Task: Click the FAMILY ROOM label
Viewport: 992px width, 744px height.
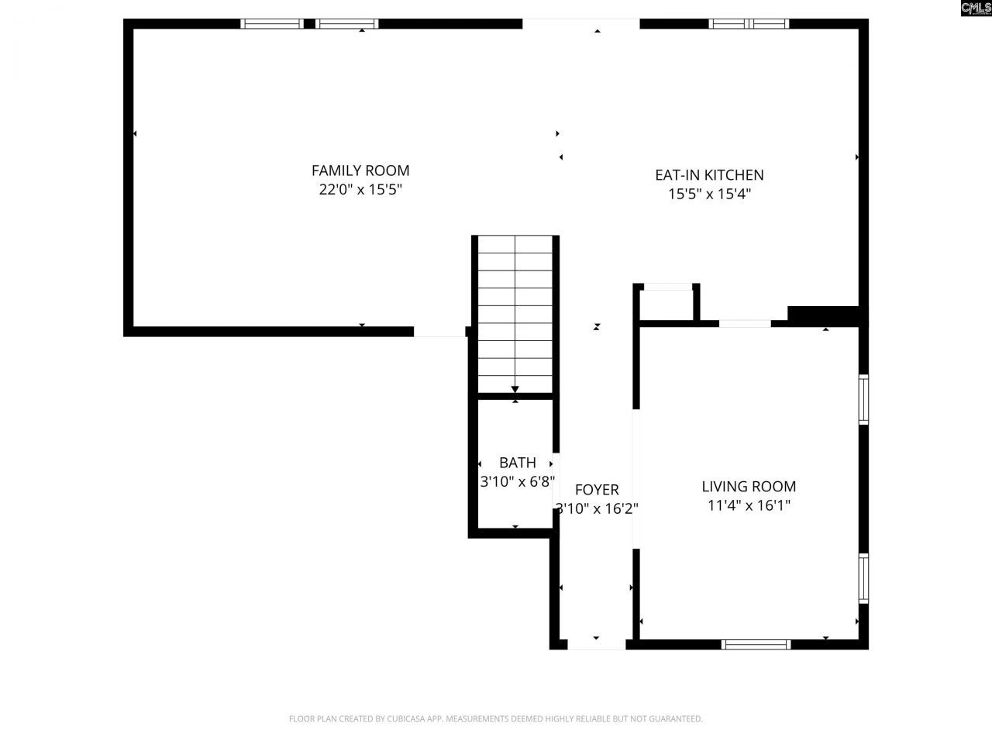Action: coord(360,170)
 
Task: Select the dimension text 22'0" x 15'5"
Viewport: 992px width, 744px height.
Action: coord(360,190)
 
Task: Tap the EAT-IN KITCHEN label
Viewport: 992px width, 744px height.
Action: coord(709,175)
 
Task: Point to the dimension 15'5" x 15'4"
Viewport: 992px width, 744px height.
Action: coord(709,195)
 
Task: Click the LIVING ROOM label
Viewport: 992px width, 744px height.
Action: coord(749,487)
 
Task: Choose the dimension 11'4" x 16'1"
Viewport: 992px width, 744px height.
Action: coord(749,506)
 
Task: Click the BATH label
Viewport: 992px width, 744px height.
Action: coord(517,463)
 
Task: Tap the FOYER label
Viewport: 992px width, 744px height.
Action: coord(597,490)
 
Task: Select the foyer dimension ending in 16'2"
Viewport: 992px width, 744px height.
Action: coord(597,509)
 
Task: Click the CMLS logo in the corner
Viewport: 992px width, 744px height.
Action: coord(975,9)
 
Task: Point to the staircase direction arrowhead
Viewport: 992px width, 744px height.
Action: coord(515,390)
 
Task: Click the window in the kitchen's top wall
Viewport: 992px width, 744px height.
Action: coord(749,24)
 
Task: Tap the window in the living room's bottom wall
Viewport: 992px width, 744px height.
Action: coord(756,644)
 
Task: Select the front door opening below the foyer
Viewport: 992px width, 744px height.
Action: coord(596,644)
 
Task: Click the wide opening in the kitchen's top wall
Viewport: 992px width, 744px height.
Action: coord(581,24)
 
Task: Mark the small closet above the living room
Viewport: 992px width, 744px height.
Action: coord(668,305)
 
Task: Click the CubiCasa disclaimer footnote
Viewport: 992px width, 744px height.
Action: coord(496,719)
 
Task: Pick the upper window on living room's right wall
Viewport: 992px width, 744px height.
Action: coord(863,400)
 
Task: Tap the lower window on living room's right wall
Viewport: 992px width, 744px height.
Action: coord(863,578)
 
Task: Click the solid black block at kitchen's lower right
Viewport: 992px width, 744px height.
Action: coord(824,315)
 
